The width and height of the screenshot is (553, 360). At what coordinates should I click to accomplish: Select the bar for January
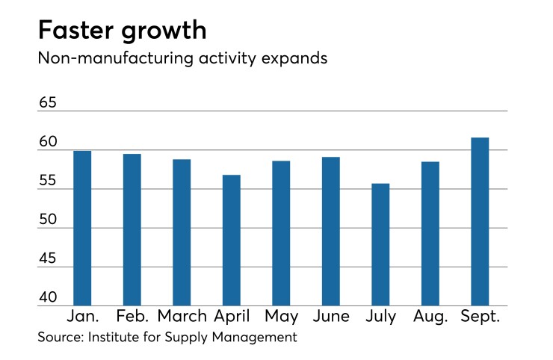pyautogui.click(x=82, y=228)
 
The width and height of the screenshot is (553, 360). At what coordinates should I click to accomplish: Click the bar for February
pyautogui.click(x=132, y=229)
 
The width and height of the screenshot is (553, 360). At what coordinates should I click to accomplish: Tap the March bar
pyautogui.click(x=182, y=232)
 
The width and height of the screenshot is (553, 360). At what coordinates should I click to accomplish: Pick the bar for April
pyautogui.click(x=231, y=240)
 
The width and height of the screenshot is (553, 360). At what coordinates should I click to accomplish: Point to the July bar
pyautogui.click(x=380, y=244)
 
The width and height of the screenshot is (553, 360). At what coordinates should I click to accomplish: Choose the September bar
pyautogui.click(x=480, y=221)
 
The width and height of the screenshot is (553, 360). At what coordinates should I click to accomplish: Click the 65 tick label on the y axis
pyautogui.click(x=48, y=102)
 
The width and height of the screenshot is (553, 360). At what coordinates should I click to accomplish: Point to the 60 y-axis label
pyautogui.click(x=48, y=141)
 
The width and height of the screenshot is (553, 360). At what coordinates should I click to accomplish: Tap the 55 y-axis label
pyautogui.click(x=48, y=180)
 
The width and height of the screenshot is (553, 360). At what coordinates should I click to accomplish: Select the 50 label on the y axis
pyautogui.click(x=48, y=219)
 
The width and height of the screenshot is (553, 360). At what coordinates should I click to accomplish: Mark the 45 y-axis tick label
pyautogui.click(x=48, y=258)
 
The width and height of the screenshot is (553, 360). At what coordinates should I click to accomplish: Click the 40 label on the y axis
pyautogui.click(x=48, y=297)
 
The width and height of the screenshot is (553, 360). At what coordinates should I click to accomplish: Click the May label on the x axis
pyautogui.click(x=281, y=317)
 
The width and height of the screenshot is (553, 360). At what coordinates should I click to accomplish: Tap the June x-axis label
pyautogui.click(x=330, y=316)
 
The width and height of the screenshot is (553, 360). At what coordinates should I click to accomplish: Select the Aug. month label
pyautogui.click(x=430, y=317)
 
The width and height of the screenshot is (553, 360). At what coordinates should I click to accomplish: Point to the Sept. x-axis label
pyautogui.click(x=479, y=317)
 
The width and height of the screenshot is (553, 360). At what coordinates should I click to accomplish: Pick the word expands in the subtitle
pyautogui.click(x=291, y=58)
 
